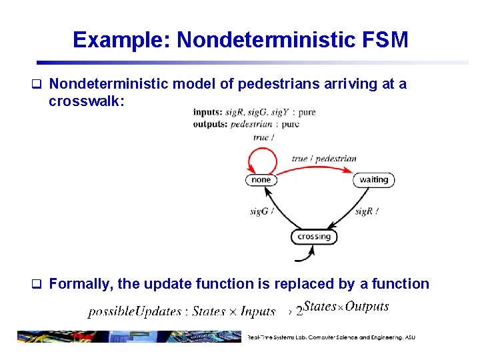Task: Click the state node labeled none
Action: pos(261,179)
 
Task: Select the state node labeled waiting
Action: pos(373,179)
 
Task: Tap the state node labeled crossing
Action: pos(314,237)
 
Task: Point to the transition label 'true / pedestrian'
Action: pos(324,159)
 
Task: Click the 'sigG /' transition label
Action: pos(261,211)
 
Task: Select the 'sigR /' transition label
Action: pos(367,211)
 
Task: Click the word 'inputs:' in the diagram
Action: pos(208,113)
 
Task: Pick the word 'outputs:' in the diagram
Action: pos(211,124)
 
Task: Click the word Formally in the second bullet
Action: pos(79,284)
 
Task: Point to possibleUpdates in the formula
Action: pos(135,311)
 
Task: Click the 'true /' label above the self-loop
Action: pos(261,137)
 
